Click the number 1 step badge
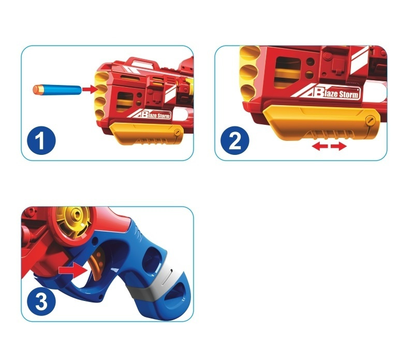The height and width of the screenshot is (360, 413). pyautogui.click(x=41, y=140)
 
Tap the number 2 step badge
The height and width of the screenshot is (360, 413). pyautogui.click(x=234, y=140)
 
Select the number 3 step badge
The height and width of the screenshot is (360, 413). pyautogui.click(x=41, y=301)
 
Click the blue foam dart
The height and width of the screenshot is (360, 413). pyautogui.click(x=57, y=90)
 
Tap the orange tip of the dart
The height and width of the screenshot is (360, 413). pyautogui.click(x=36, y=90)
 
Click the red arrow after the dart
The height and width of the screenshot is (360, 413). pyautogui.click(x=90, y=89)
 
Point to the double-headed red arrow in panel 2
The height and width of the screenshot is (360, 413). pyautogui.click(x=329, y=146)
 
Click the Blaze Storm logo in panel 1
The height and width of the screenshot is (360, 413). pyautogui.click(x=150, y=114)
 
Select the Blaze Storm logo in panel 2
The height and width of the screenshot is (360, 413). pyautogui.click(x=326, y=93)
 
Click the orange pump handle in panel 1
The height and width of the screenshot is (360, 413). pyautogui.click(x=145, y=133)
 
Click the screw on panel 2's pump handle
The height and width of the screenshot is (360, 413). pyautogui.click(x=371, y=121)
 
